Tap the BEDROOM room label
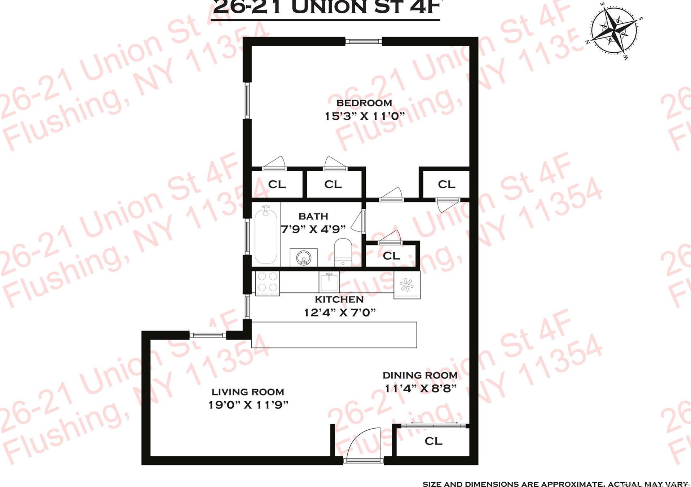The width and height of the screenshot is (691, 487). tap(364, 103)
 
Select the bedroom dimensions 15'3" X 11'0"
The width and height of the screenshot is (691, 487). tap(365, 116)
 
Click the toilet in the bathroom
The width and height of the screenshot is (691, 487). tap(343, 252)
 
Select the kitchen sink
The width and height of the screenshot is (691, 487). tap(329, 282)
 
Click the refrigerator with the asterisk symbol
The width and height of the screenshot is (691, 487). tap(406, 285)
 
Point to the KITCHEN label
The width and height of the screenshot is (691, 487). tap(339, 300)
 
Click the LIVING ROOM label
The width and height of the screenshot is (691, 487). tap(248, 392)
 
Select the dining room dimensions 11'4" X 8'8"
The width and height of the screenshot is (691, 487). tap(421, 389)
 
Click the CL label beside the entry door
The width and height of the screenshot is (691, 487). tap(433, 441)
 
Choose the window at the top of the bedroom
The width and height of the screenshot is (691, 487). tap(364, 41)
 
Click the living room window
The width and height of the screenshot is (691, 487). tap(207, 335)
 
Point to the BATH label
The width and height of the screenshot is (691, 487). tap(313, 216)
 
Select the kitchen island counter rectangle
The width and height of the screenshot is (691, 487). tap(334, 335)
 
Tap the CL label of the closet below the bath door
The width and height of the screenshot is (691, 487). tap(391, 256)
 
